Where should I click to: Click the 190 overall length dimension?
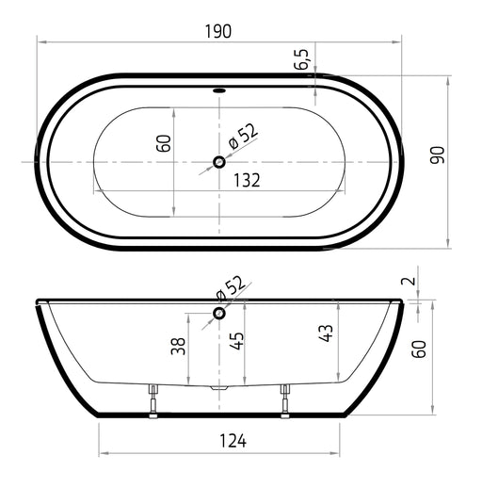click(x=218, y=31)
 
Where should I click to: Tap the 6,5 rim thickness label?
click(x=301, y=59)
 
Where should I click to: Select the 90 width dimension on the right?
click(x=437, y=155)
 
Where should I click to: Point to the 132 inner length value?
click(x=247, y=180)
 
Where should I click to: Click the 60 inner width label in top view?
click(x=164, y=143)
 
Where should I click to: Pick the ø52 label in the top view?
click(x=243, y=137)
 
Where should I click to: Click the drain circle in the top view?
click(x=219, y=162)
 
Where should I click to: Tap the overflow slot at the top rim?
click(x=219, y=90)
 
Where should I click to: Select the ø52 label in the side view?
click(x=231, y=288)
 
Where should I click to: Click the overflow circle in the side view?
click(x=219, y=313)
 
